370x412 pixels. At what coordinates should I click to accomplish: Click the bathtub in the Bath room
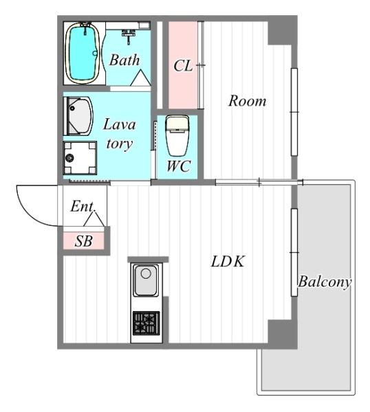83,54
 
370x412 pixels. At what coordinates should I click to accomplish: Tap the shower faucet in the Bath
129,36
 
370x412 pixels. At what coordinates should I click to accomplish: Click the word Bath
124,60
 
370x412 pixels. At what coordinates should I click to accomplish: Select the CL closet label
183,66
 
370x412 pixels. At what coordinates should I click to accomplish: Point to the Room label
247,101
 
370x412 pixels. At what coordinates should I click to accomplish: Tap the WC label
179,166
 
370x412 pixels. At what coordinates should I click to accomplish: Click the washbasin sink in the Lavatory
78,116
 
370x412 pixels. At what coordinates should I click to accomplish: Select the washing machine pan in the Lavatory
80,158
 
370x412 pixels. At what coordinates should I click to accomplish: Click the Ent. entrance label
83,206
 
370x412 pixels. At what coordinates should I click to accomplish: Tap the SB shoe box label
84,241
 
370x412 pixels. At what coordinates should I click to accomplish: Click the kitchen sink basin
146,280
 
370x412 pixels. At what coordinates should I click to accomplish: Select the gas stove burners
146,323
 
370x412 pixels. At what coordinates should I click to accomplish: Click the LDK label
228,262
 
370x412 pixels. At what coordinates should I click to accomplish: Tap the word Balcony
325,282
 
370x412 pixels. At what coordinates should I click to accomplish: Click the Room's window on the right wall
294,112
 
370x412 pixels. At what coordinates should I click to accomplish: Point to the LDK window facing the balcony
294,253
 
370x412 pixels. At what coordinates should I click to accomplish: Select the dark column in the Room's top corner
283,30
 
